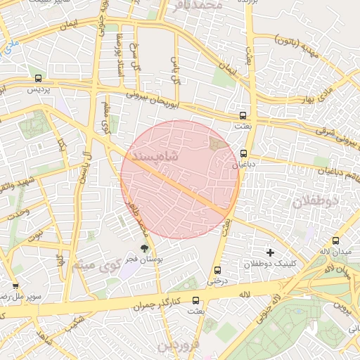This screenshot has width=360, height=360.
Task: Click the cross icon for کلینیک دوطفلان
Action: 270,252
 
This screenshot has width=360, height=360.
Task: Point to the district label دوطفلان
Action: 315,201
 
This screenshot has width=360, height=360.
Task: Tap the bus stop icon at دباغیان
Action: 244,153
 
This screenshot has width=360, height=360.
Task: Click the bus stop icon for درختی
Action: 217,270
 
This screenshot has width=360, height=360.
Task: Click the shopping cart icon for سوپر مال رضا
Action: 15,286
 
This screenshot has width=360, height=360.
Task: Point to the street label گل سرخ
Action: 134,43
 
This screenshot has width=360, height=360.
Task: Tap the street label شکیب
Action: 72,324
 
